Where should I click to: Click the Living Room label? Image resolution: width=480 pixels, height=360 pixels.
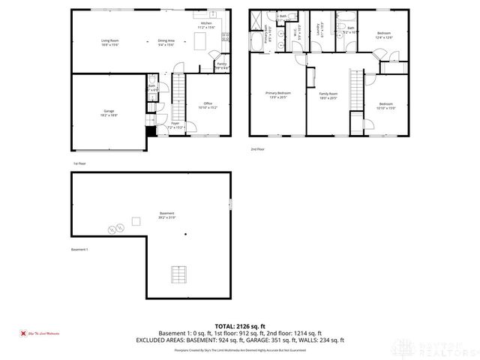110,43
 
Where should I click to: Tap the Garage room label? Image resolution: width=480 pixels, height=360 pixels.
109,112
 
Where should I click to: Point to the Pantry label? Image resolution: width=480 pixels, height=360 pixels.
222,65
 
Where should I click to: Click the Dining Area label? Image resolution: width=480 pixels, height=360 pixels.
166,42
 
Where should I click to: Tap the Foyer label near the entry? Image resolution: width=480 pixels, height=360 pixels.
175,124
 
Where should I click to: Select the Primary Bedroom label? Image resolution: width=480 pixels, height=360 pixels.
277,95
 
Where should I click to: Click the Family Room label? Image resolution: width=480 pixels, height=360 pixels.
328,95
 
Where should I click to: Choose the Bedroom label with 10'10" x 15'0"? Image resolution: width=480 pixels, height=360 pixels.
385,106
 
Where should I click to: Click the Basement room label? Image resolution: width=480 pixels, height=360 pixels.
166,215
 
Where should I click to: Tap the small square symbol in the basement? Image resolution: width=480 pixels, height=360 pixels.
136,220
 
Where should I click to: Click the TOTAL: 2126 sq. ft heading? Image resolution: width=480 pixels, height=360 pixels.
240,326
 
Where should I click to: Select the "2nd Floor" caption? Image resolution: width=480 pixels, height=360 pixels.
258,149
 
